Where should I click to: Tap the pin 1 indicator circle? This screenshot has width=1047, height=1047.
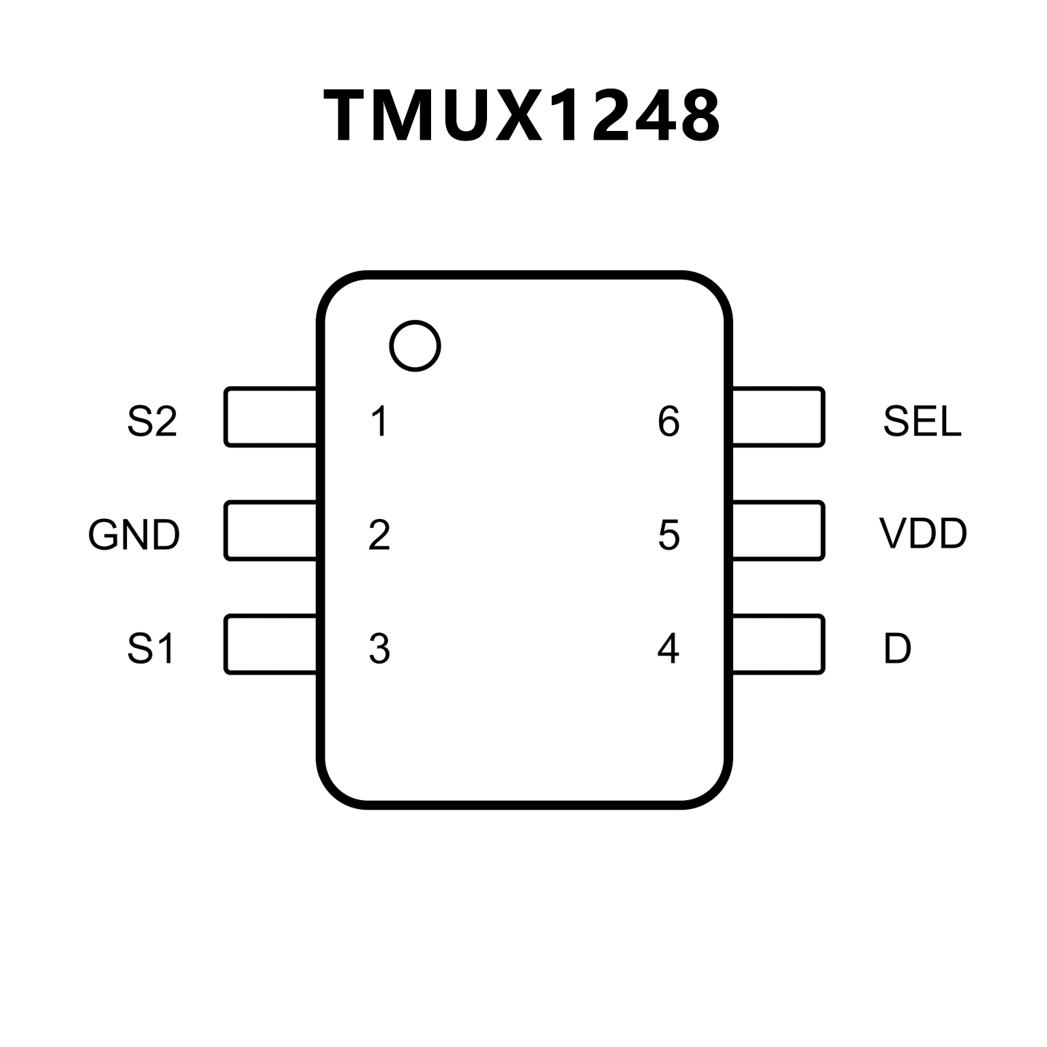point(415,346)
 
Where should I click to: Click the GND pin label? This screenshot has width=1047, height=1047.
point(134,535)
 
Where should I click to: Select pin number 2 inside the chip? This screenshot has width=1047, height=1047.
point(379,535)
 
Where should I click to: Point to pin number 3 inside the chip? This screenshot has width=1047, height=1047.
point(379,649)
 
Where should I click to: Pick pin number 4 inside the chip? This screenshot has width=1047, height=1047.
point(668,649)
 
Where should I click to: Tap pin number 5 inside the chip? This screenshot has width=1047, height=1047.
point(668,535)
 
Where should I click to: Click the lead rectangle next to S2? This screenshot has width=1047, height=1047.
point(271,417)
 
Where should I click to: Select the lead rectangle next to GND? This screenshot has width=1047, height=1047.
point(271,531)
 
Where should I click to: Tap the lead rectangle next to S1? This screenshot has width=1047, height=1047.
point(271,645)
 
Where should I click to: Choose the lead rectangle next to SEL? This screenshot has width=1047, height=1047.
point(778,417)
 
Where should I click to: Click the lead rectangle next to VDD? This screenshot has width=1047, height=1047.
point(778,531)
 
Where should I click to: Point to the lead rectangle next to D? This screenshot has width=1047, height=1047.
point(778,645)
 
